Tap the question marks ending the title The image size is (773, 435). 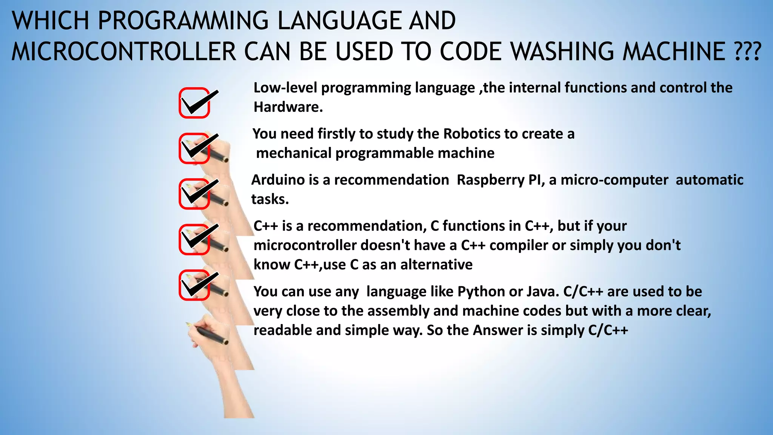tap(747, 51)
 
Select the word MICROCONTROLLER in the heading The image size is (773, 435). tap(124, 51)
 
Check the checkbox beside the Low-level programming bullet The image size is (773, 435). tap(194, 103)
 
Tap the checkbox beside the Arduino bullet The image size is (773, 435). tap(194, 194)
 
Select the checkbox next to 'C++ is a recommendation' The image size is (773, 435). tap(194, 240)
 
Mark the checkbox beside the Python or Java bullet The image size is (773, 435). tap(194, 285)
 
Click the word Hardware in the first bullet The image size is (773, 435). tap(288, 107)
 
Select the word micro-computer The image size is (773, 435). tap(614, 180)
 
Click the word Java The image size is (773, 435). tap(542, 292)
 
